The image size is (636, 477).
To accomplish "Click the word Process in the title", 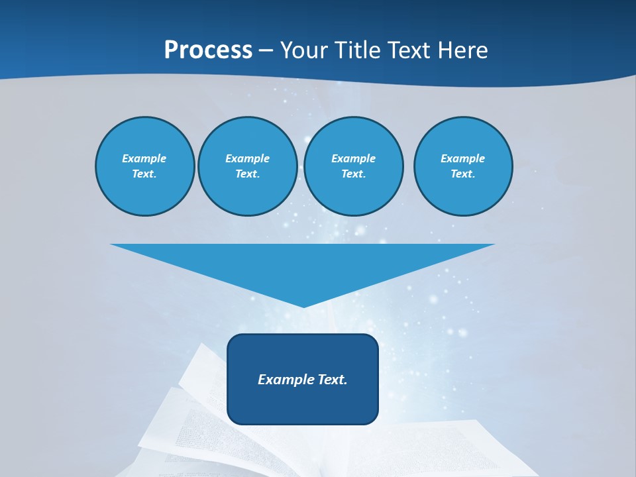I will coord(208,50).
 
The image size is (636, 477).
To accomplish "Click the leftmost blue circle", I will coord(144,166).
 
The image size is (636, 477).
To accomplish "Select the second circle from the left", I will coord(247,166).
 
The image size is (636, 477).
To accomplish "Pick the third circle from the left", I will coord(353,166).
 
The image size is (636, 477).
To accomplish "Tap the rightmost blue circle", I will coord(462,166).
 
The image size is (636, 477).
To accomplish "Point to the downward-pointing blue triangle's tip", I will coord(303,305).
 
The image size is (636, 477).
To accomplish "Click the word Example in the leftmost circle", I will coord(144,158).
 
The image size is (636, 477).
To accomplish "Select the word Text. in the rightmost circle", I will coord(462,174).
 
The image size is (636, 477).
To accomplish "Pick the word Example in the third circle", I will coord(353,158).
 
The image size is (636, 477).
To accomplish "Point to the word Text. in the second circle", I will coord(247,174).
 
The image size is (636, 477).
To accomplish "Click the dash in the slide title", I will coord(266,50).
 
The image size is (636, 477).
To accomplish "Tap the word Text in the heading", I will coord(406,50).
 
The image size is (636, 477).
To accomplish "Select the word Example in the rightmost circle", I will coord(462,158).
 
